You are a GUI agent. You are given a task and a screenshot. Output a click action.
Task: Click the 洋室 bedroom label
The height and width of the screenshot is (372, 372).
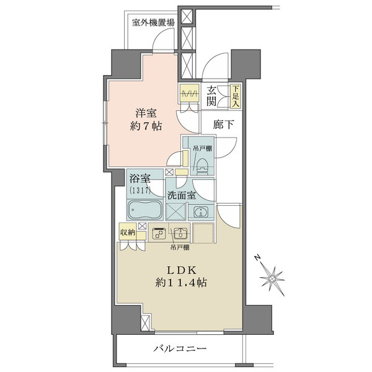(146, 114)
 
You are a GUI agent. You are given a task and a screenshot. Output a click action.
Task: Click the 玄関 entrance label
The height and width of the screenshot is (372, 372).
(212, 95)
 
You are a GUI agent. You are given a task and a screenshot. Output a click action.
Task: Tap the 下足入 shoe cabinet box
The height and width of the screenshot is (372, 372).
(235, 95)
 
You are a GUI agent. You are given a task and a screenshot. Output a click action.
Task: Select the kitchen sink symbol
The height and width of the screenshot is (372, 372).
(180, 234)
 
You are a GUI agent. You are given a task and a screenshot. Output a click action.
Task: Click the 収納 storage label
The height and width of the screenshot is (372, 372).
(128, 233)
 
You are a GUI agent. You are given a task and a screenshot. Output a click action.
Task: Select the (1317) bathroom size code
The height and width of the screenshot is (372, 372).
(139, 190)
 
